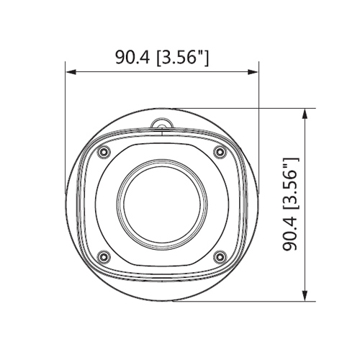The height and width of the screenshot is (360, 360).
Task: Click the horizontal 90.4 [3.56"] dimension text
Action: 162,58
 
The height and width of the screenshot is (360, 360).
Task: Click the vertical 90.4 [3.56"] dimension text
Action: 291,204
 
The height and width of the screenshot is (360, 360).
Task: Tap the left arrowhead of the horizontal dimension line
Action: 71,72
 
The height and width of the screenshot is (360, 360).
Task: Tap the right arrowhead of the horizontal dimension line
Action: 253,72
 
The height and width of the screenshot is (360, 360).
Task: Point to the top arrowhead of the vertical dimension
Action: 305,114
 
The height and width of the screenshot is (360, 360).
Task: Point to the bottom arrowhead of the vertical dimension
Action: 305,296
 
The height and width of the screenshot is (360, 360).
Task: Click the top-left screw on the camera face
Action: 104,152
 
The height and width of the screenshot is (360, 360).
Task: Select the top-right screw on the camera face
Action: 220,152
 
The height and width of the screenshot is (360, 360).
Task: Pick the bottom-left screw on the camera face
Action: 104,257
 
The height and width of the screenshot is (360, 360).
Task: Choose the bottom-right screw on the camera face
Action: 220,257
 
